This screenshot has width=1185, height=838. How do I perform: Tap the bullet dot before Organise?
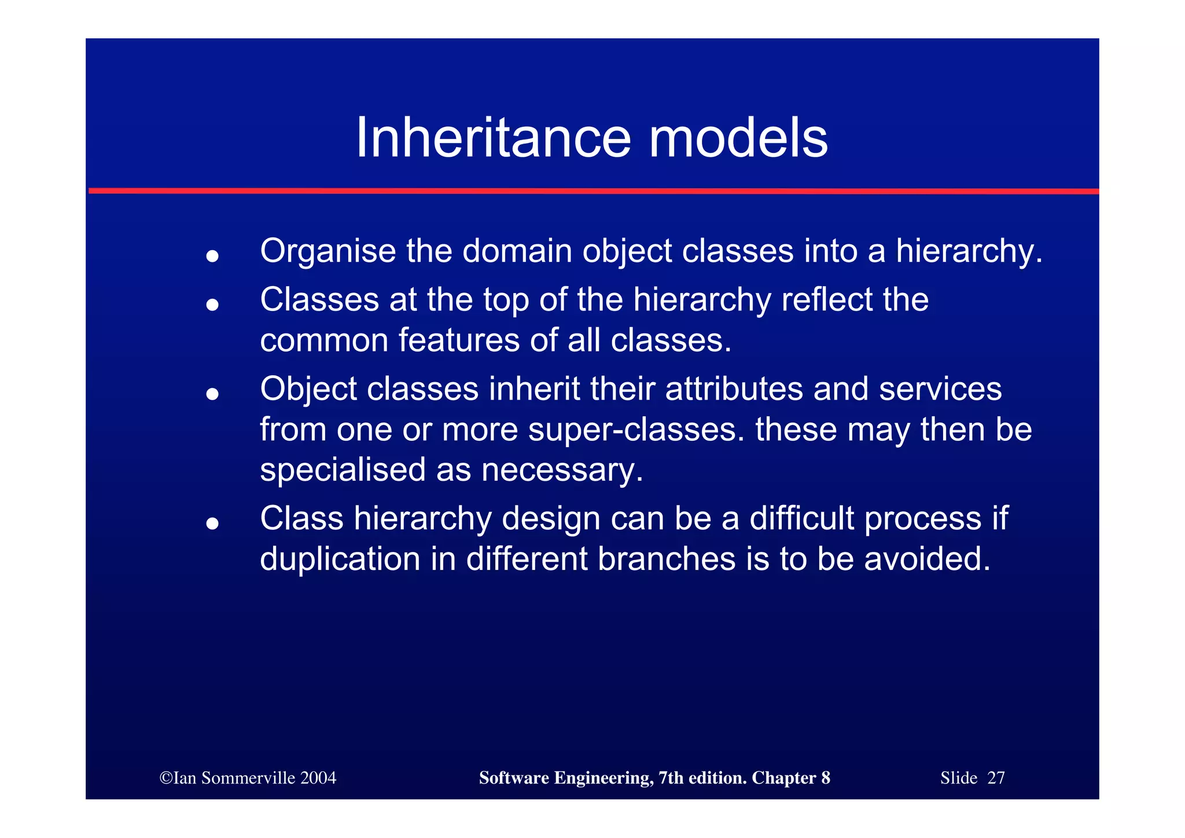[x=212, y=255]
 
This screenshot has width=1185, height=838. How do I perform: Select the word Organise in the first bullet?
[x=328, y=252]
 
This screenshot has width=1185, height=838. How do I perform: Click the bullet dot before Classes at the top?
[x=212, y=304]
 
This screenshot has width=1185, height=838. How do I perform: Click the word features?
[x=459, y=340]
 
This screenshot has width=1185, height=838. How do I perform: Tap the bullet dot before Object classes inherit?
[x=212, y=394]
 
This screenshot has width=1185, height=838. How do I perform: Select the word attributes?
[x=734, y=389]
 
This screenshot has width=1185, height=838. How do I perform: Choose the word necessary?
[x=562, y=470]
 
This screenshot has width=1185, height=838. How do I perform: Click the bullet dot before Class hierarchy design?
[x=212, y=524]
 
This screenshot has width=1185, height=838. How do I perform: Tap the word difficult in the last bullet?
[x=801, y=518]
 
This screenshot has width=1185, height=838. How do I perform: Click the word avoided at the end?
[x=927, y=559]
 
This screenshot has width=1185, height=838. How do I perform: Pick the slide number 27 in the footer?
[x=996, y=778]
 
